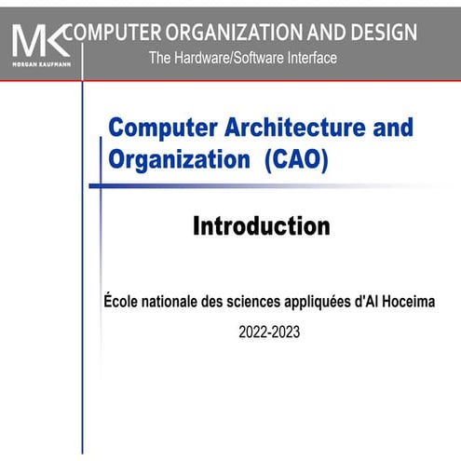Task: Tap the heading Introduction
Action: pos(261,226)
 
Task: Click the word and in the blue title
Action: pos(359,129)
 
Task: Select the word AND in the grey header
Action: pos(318,33)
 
